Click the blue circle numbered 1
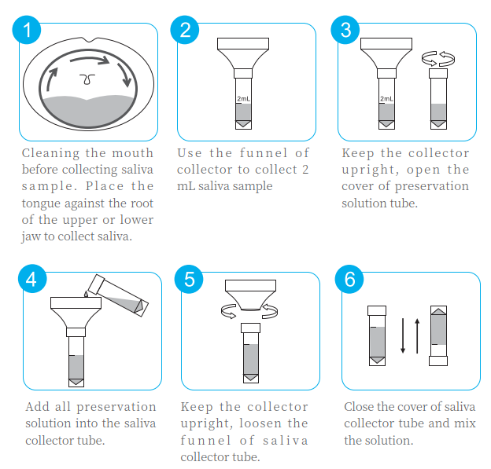point(27,30)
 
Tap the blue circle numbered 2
point(185,30)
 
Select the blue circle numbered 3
point(345,30)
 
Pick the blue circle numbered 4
point(32,279)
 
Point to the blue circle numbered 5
point(189,279)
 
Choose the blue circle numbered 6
point(349,279)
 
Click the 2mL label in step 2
point(243,99)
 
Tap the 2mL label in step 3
point(386,99)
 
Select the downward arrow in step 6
point(403,335)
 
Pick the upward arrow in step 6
point(417,335)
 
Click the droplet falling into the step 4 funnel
point(86,294)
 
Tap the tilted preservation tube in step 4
point(118,295)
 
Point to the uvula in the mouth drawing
point(87,79)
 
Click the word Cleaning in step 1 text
point(50,153)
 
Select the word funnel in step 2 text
point(264,153)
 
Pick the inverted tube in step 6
point(438,335)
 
